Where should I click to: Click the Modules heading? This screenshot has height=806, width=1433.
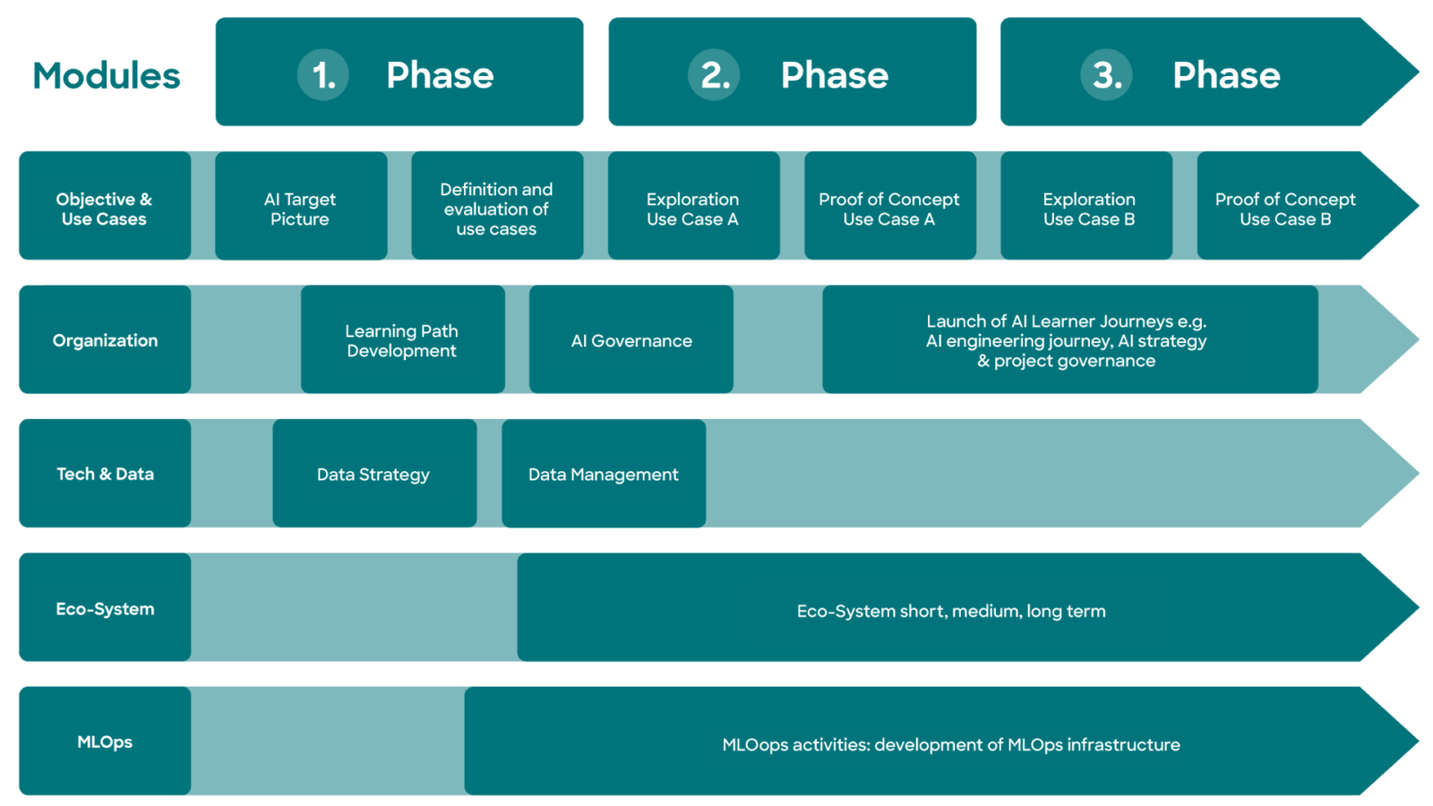click(107, 75)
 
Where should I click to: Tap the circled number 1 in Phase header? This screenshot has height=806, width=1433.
click(323, 74)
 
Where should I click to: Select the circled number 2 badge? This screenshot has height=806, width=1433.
click(714, 74)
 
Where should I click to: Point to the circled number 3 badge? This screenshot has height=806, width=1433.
click(1106, 74)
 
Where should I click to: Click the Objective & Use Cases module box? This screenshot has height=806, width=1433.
click(105, 205)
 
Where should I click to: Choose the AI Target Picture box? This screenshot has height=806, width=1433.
click(301, 205)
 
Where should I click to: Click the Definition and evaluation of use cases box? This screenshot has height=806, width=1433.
click(497, 205)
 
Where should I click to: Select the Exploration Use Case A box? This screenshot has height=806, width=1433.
click(693, 205)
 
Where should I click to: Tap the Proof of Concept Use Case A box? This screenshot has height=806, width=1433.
click(890, 205)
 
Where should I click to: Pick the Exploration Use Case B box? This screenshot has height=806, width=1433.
click(1086, 205)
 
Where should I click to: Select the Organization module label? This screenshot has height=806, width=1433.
click(105, 339)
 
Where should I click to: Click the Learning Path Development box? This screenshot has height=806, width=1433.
click(402, 339)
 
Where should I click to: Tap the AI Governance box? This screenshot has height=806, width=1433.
click(631, 339)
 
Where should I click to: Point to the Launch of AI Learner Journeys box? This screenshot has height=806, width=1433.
click(1069, 339)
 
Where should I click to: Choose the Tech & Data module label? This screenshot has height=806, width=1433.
click(105, 474)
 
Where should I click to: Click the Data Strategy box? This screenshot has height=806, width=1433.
click(374, 474)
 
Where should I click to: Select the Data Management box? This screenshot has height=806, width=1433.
click(604, 474)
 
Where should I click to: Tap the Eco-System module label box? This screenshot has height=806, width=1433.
click(105, 607)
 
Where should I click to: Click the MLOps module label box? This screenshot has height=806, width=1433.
click(105, 741)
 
